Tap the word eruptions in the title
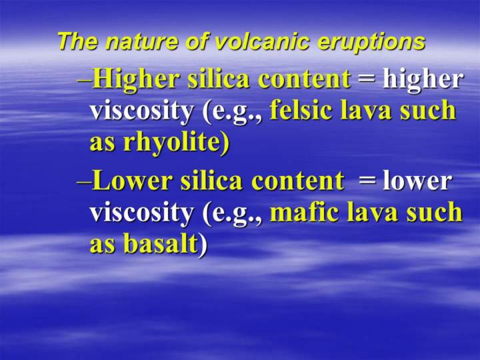tap(371, 42)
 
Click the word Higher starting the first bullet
tap(136, 79)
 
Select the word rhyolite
tap(176, 143)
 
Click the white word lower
tap(417, 181)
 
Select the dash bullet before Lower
tap(85, 183)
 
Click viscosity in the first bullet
tap(142, 111)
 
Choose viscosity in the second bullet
tap(142, 213)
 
